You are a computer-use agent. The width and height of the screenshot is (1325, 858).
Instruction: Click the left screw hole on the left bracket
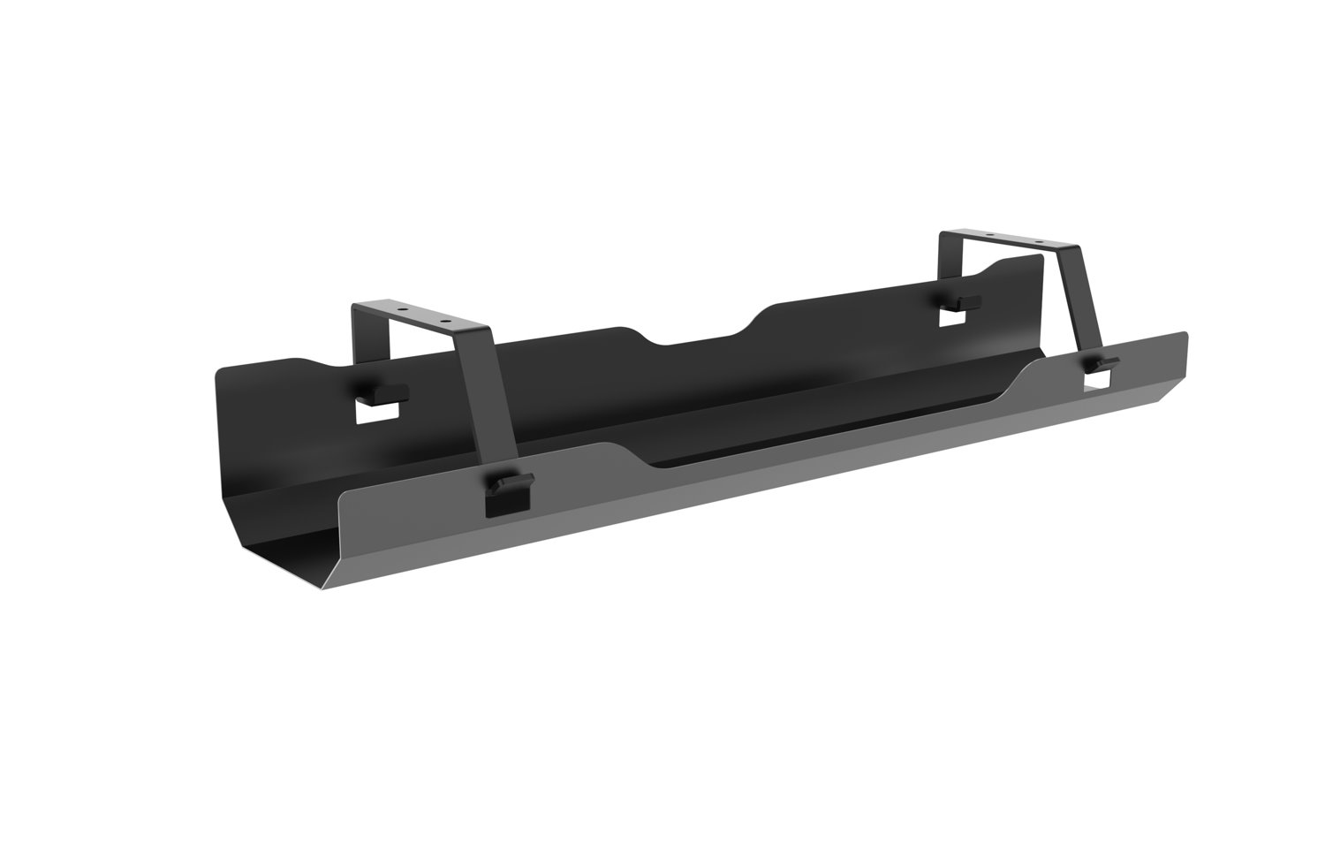point(402,310)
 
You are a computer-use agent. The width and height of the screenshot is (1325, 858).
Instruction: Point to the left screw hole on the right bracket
point(990,238)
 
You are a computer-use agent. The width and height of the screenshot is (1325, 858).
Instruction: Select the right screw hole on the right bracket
point(1040,244)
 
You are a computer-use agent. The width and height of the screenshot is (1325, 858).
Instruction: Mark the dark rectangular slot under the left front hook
point(503,505)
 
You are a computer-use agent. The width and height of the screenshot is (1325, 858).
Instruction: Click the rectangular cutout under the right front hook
point(1099,379)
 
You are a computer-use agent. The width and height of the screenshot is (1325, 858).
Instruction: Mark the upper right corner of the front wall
point(1185,336)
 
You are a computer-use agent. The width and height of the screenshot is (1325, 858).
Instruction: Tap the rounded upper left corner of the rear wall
point(221,372)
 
